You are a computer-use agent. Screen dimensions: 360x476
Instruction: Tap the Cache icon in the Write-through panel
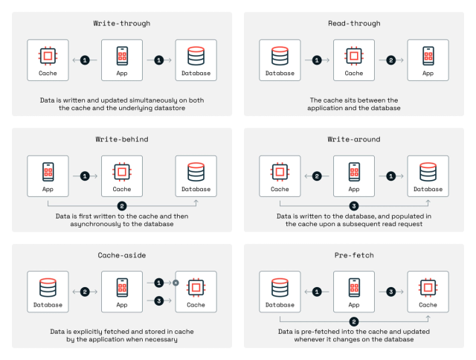[x=48, y=55]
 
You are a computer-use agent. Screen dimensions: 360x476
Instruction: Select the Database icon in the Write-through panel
[x=196, y=55]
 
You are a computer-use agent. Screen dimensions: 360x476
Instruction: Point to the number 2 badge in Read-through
[x=391, y=60]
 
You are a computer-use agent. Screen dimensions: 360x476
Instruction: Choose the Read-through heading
[x=354, y=23]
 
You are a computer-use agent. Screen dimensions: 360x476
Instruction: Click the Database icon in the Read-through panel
[x=280, y=55]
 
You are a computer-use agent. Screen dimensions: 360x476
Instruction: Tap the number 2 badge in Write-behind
[x=123, y=205]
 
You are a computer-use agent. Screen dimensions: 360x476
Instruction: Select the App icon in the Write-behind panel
[x=48, y=171]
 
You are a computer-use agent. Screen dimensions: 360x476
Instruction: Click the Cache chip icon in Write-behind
[x=122, y=171]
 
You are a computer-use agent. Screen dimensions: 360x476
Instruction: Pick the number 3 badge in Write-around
[x=354, y=205]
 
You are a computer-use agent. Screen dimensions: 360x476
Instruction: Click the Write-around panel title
[x=354, y=139]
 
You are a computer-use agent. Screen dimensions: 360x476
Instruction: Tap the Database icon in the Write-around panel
[x=429, y=171]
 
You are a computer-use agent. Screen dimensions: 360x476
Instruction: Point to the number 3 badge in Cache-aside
[x=159, y=300]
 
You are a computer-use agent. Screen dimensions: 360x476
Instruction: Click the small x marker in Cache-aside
[x=176, y=283]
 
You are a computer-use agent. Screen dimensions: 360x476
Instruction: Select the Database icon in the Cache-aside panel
[x=48, y=287]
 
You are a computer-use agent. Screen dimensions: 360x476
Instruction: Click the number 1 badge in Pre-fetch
[x=317, y=292]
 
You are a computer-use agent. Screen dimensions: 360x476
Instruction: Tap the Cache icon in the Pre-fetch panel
[x=429, y=287]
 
